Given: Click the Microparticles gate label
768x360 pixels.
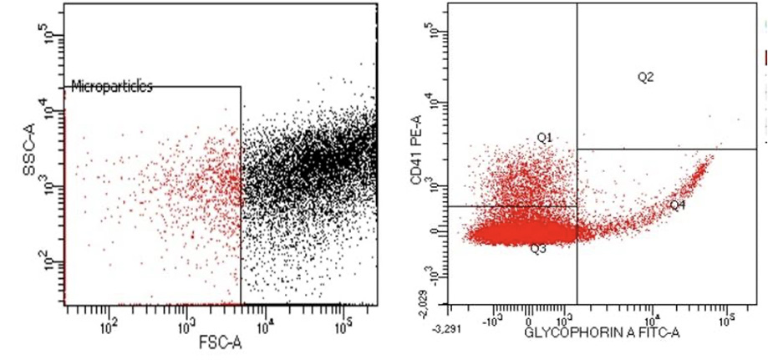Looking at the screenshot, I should (x=112, y=86).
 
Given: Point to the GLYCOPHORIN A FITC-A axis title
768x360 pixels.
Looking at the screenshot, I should (x=602, y=334).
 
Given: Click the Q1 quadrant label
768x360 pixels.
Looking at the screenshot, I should (x=544, y=137).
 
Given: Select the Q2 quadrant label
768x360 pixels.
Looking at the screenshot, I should (x=645, y=77).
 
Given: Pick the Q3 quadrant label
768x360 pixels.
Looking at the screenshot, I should (x=538, y=249).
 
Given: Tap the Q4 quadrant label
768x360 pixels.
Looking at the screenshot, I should (x=677, y=205).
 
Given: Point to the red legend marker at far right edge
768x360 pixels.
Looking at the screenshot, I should (x=765, y=57).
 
